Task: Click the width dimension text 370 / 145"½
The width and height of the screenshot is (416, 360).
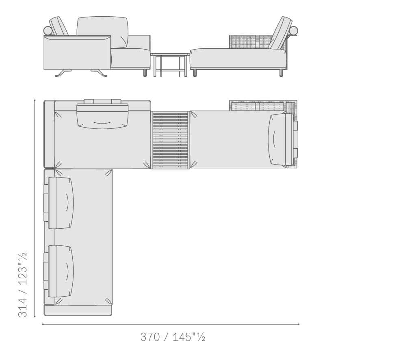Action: click(x=173, y=337)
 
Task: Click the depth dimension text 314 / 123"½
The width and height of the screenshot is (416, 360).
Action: click(x=22, y=284)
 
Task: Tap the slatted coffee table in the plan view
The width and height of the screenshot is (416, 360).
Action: click(x=170, y=140)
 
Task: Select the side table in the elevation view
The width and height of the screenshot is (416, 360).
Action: click(x=170, y=65)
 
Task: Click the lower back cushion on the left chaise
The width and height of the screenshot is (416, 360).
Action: click(x=61, y=271)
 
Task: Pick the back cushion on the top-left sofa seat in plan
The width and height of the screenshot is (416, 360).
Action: click(x=102, y=116)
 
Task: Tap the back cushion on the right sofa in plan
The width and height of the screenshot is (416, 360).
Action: click(x=281, y=140)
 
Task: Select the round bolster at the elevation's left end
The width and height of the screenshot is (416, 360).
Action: click(x=48, y=31)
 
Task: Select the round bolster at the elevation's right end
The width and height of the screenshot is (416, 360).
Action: click(x=293, y=31)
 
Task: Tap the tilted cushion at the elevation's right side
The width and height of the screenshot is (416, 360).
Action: click(x=280, y=33)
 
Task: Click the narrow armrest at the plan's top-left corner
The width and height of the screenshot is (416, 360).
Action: click(x=49, y=134)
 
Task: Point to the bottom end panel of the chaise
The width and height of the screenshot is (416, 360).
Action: click(x=78, y=311)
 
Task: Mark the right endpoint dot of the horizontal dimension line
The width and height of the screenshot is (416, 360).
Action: click(x=299, y=324)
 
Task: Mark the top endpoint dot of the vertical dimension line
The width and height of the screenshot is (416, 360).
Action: click(x=35, y=100)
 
